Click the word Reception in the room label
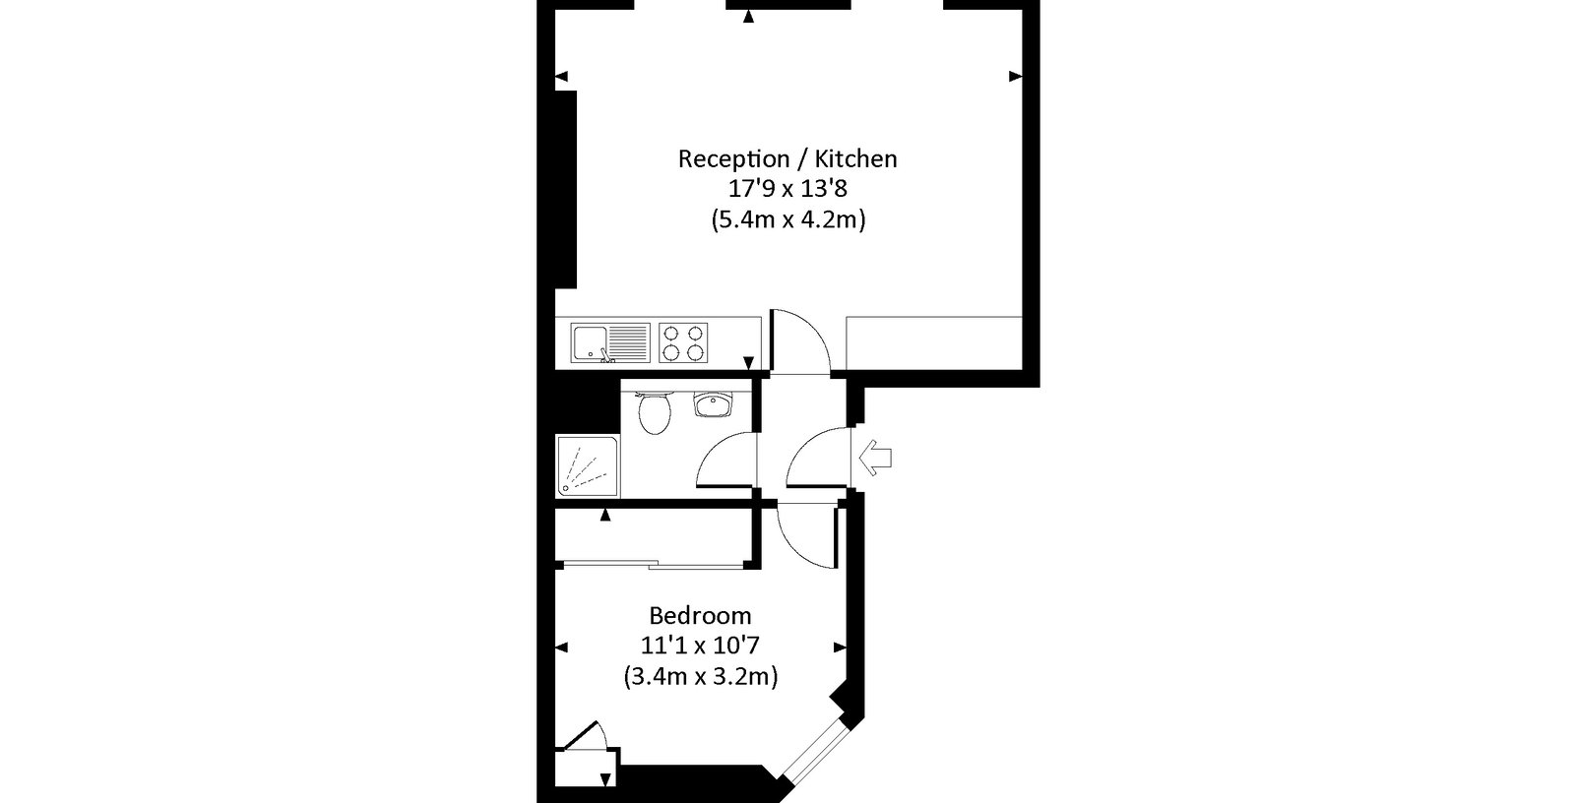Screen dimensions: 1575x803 coord(734,158)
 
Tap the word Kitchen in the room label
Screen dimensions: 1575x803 coord(855,158)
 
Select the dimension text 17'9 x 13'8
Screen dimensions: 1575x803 coord(787,189)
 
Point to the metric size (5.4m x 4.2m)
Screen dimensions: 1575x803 coord(788,220)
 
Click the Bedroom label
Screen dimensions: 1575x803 coord(700,616)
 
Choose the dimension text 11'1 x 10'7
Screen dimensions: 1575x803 coord(700,646)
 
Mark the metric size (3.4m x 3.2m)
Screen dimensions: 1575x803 coord(700,676)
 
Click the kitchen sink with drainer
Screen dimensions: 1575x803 coord(610,343)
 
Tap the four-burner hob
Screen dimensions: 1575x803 coord(683,343)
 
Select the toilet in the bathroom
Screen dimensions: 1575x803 coord(655,412)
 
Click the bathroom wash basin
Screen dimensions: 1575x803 coord(713,403)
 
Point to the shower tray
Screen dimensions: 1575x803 coord(588,466)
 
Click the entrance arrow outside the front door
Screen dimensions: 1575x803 coord(875,458)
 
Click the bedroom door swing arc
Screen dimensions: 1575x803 coord(794,547)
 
